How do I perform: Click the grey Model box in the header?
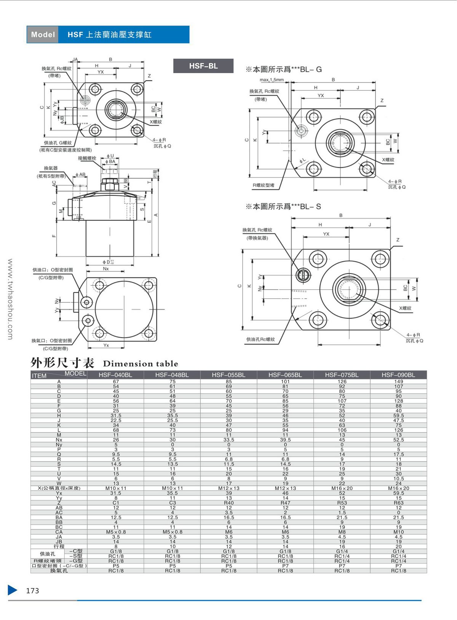click(43, 35)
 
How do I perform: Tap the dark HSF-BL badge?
click(203, 66)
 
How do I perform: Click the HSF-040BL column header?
click(115, 375)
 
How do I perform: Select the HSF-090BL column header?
click(398, 375)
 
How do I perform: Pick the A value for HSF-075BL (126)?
click(342, 382)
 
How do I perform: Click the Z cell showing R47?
click(285, 503)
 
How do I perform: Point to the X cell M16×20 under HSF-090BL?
click(398, 488)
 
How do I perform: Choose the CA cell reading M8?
click(342, 532)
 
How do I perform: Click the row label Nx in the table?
click(59, 440)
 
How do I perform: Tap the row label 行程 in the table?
click(59, 546)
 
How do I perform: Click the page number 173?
click(33, 591)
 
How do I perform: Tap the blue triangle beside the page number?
click(13, 590)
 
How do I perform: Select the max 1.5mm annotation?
click(272, 80)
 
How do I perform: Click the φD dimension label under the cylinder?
click(108, 262)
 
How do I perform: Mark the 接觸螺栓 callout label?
click(87, 158)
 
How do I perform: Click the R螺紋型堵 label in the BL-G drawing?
click(264, 185)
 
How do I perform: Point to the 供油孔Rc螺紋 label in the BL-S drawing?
click(260, 339)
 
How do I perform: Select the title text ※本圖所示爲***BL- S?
click(283, 206)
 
